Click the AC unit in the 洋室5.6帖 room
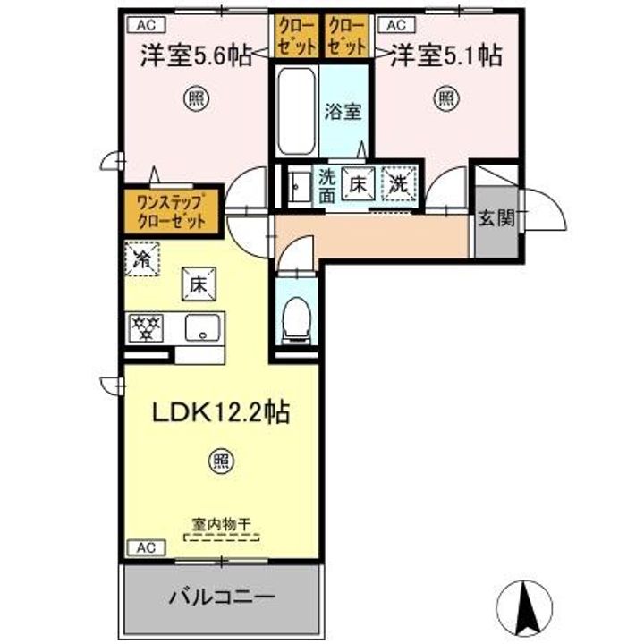(x=147, y=25)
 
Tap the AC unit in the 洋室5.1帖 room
(x=396, y=25)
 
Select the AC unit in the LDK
(x=147, y=547)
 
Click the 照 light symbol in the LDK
(x=222, y=462)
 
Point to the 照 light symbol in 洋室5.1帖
(x=447, y=98)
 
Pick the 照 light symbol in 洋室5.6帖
(x=196, y=98)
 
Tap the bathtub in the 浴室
(x=297, y=112)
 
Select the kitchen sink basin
(x=202, y=327)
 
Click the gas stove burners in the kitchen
(x=146, y=327)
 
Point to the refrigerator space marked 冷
(x=142, y=259)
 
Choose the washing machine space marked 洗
(x=399, y=183)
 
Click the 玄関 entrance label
(x=497, y=217)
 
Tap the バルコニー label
(x=222, y=596)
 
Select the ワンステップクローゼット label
(x=171, y=212)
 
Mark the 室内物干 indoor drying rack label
(x=221, y=524)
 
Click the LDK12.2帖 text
(x=222, y=412)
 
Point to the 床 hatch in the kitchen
(x=199, y=284)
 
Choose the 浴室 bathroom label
(x=343, y=112)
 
